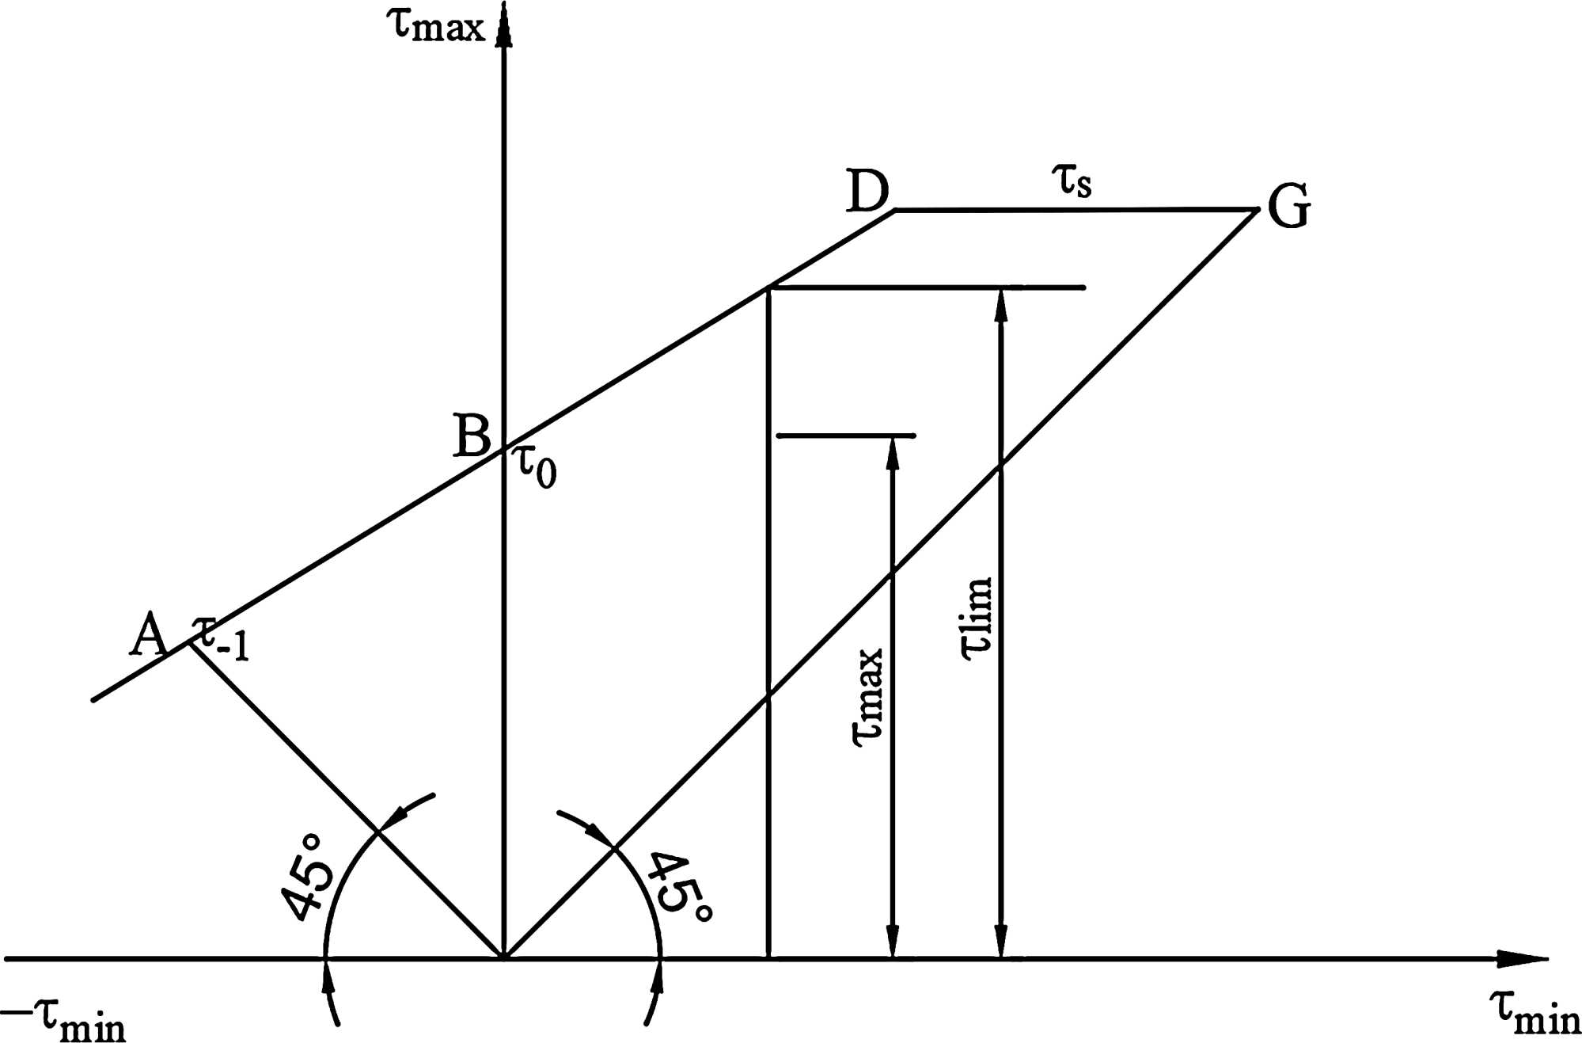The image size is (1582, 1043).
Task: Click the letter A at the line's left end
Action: click(x=149, y=635)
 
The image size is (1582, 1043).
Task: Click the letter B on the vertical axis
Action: click(x=472, y=436)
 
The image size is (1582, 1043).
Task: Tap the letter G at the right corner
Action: click(x=1289, y=207)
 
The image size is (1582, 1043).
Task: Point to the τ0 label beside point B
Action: click(x=537, y=466)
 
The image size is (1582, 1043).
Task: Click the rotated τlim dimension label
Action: click(x=976, y=619)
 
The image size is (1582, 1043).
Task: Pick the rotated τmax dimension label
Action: click(x=867, y=697)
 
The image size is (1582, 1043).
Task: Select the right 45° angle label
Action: click(x=679, y=887)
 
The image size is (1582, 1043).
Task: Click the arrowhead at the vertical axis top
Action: click(x=503, y=24)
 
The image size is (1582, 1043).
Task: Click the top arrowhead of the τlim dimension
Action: click(x=1001, y=305)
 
